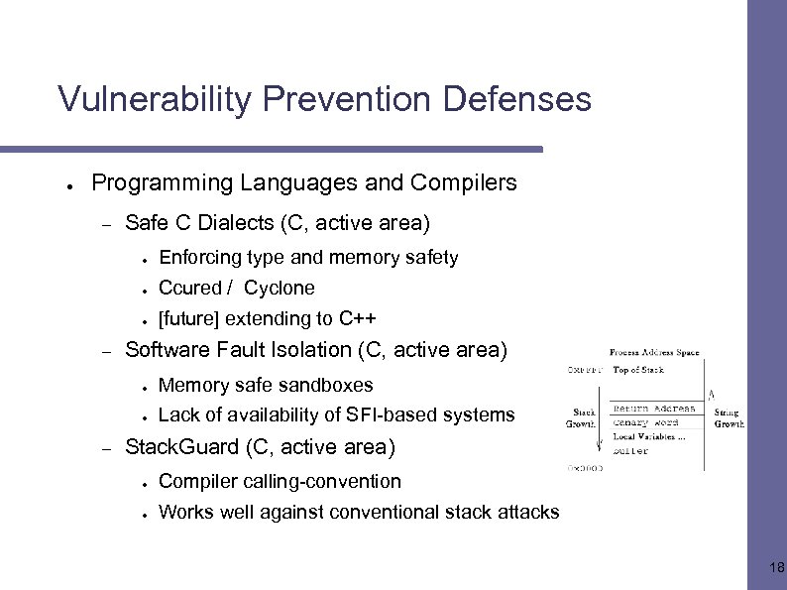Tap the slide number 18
coord(776,567)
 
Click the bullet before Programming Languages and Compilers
coord(68,185)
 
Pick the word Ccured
coord(189,288)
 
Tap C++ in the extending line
coord(357,318)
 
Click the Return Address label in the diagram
coord(654,409)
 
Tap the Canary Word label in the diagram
coord(645,422)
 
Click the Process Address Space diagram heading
coord(653,352)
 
